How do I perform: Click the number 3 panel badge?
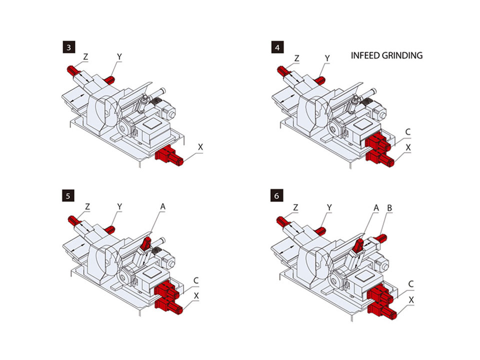[x=67, y=48]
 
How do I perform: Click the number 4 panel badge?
[x=276, y=48]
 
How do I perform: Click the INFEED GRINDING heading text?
[x=386, y=55]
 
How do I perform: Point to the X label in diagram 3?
[x=200, y=147]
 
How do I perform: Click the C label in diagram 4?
[x=408, y=132]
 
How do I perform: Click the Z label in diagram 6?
[x=296, y=207]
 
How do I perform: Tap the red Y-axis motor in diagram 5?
[x=110, y=230]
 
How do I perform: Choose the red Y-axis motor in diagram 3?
[x=110, y=78]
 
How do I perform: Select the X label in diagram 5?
[x=196, y=296]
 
